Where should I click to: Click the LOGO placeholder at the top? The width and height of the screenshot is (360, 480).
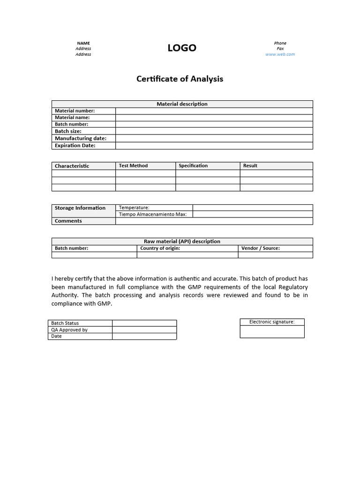182,48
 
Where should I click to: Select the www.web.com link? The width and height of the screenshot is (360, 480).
280,54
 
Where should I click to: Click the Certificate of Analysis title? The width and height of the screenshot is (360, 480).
180,79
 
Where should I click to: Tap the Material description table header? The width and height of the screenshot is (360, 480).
182,104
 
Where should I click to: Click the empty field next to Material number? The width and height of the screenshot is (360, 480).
214,111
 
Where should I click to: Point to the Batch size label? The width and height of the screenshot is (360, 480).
68,131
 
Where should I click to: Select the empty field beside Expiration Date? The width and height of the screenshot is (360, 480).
214,146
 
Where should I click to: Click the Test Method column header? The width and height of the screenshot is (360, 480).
133,166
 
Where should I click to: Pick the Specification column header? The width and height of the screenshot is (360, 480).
193,166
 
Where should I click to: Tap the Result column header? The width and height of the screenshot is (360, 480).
250,166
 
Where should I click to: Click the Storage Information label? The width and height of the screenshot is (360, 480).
80,208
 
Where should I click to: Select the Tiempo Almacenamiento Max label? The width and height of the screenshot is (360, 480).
153,214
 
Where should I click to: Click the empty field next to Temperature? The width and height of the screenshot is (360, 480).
252,208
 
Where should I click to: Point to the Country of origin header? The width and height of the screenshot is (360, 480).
160,248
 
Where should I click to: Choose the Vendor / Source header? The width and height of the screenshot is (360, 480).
261,248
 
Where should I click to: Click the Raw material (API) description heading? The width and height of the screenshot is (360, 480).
182,241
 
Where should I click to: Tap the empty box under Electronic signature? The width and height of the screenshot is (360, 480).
272,331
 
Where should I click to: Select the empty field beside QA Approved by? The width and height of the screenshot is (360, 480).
144,330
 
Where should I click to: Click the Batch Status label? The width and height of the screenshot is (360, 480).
65,323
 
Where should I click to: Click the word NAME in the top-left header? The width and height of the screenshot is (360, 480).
83,43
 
